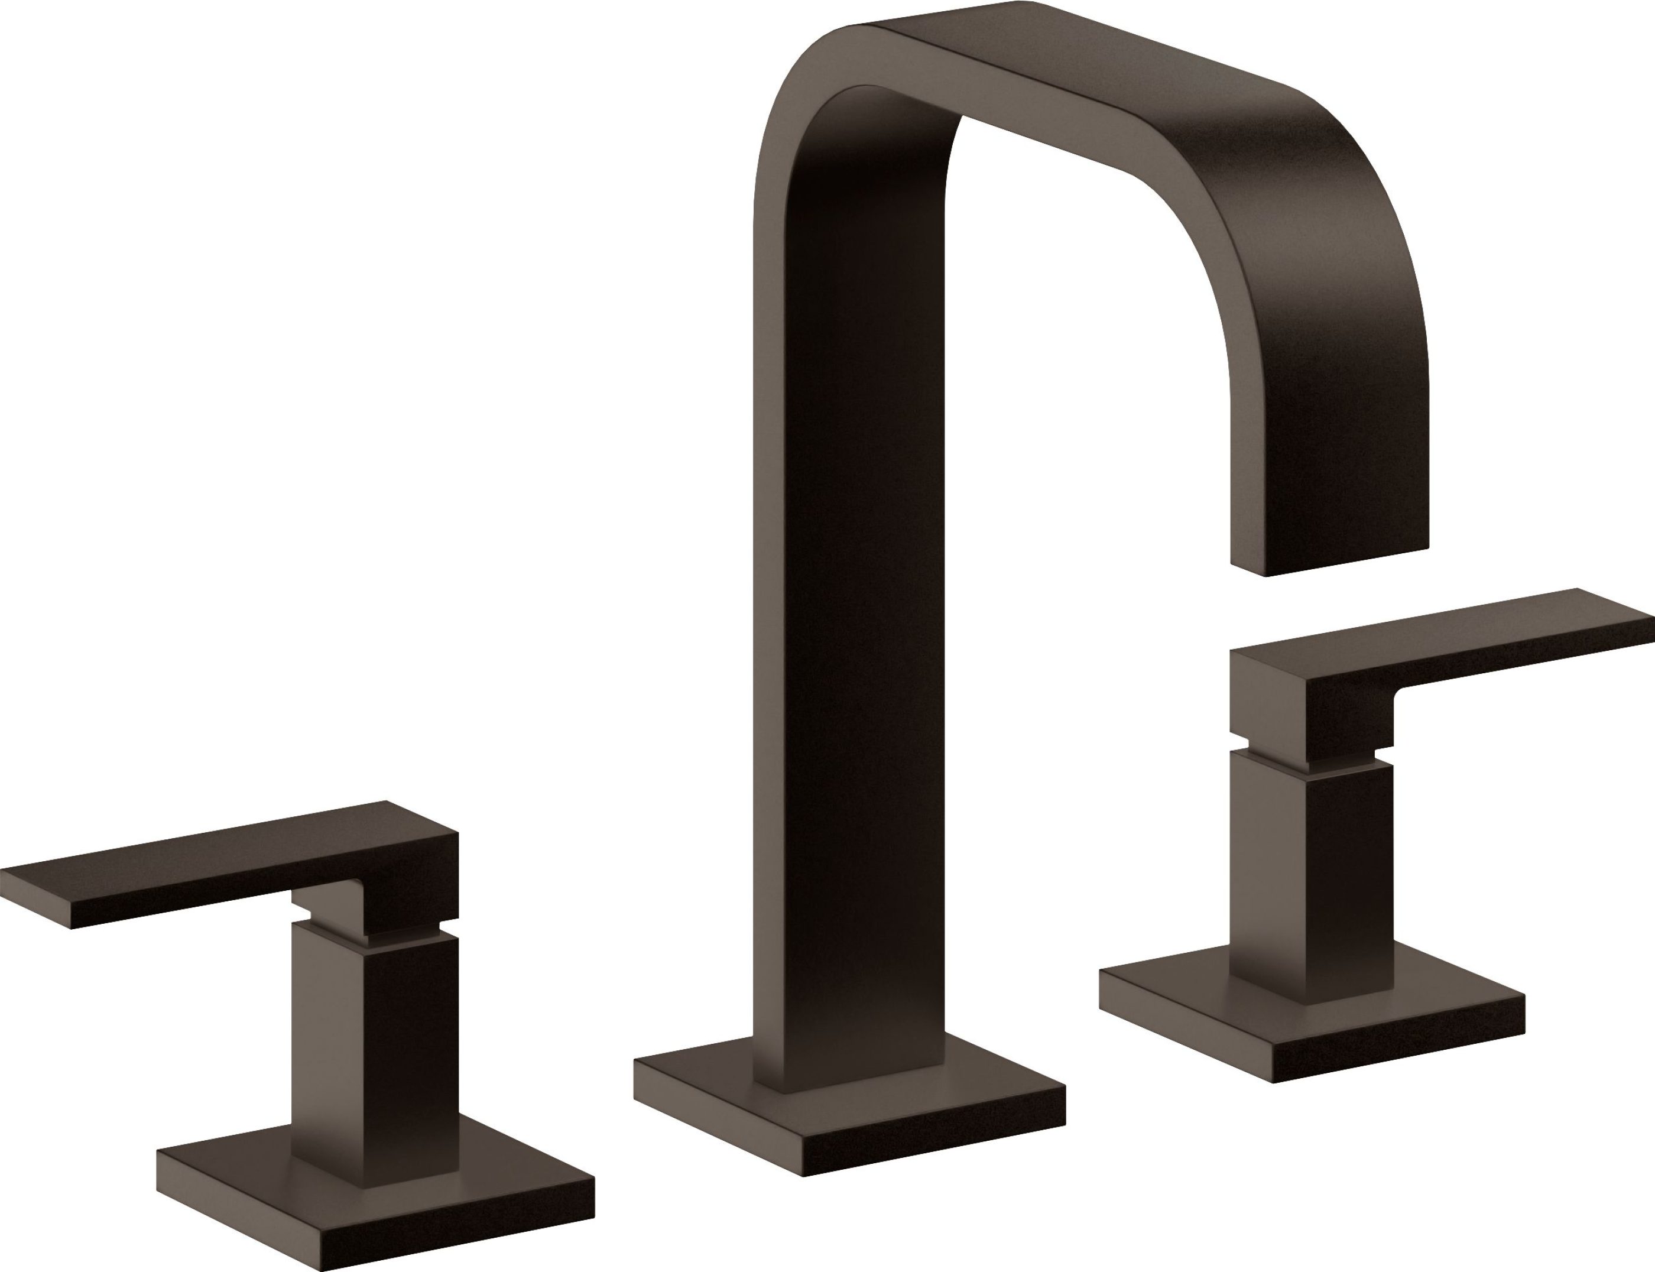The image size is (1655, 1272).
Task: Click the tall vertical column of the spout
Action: point(848,606)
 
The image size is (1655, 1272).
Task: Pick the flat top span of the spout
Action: point(1060,76)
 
